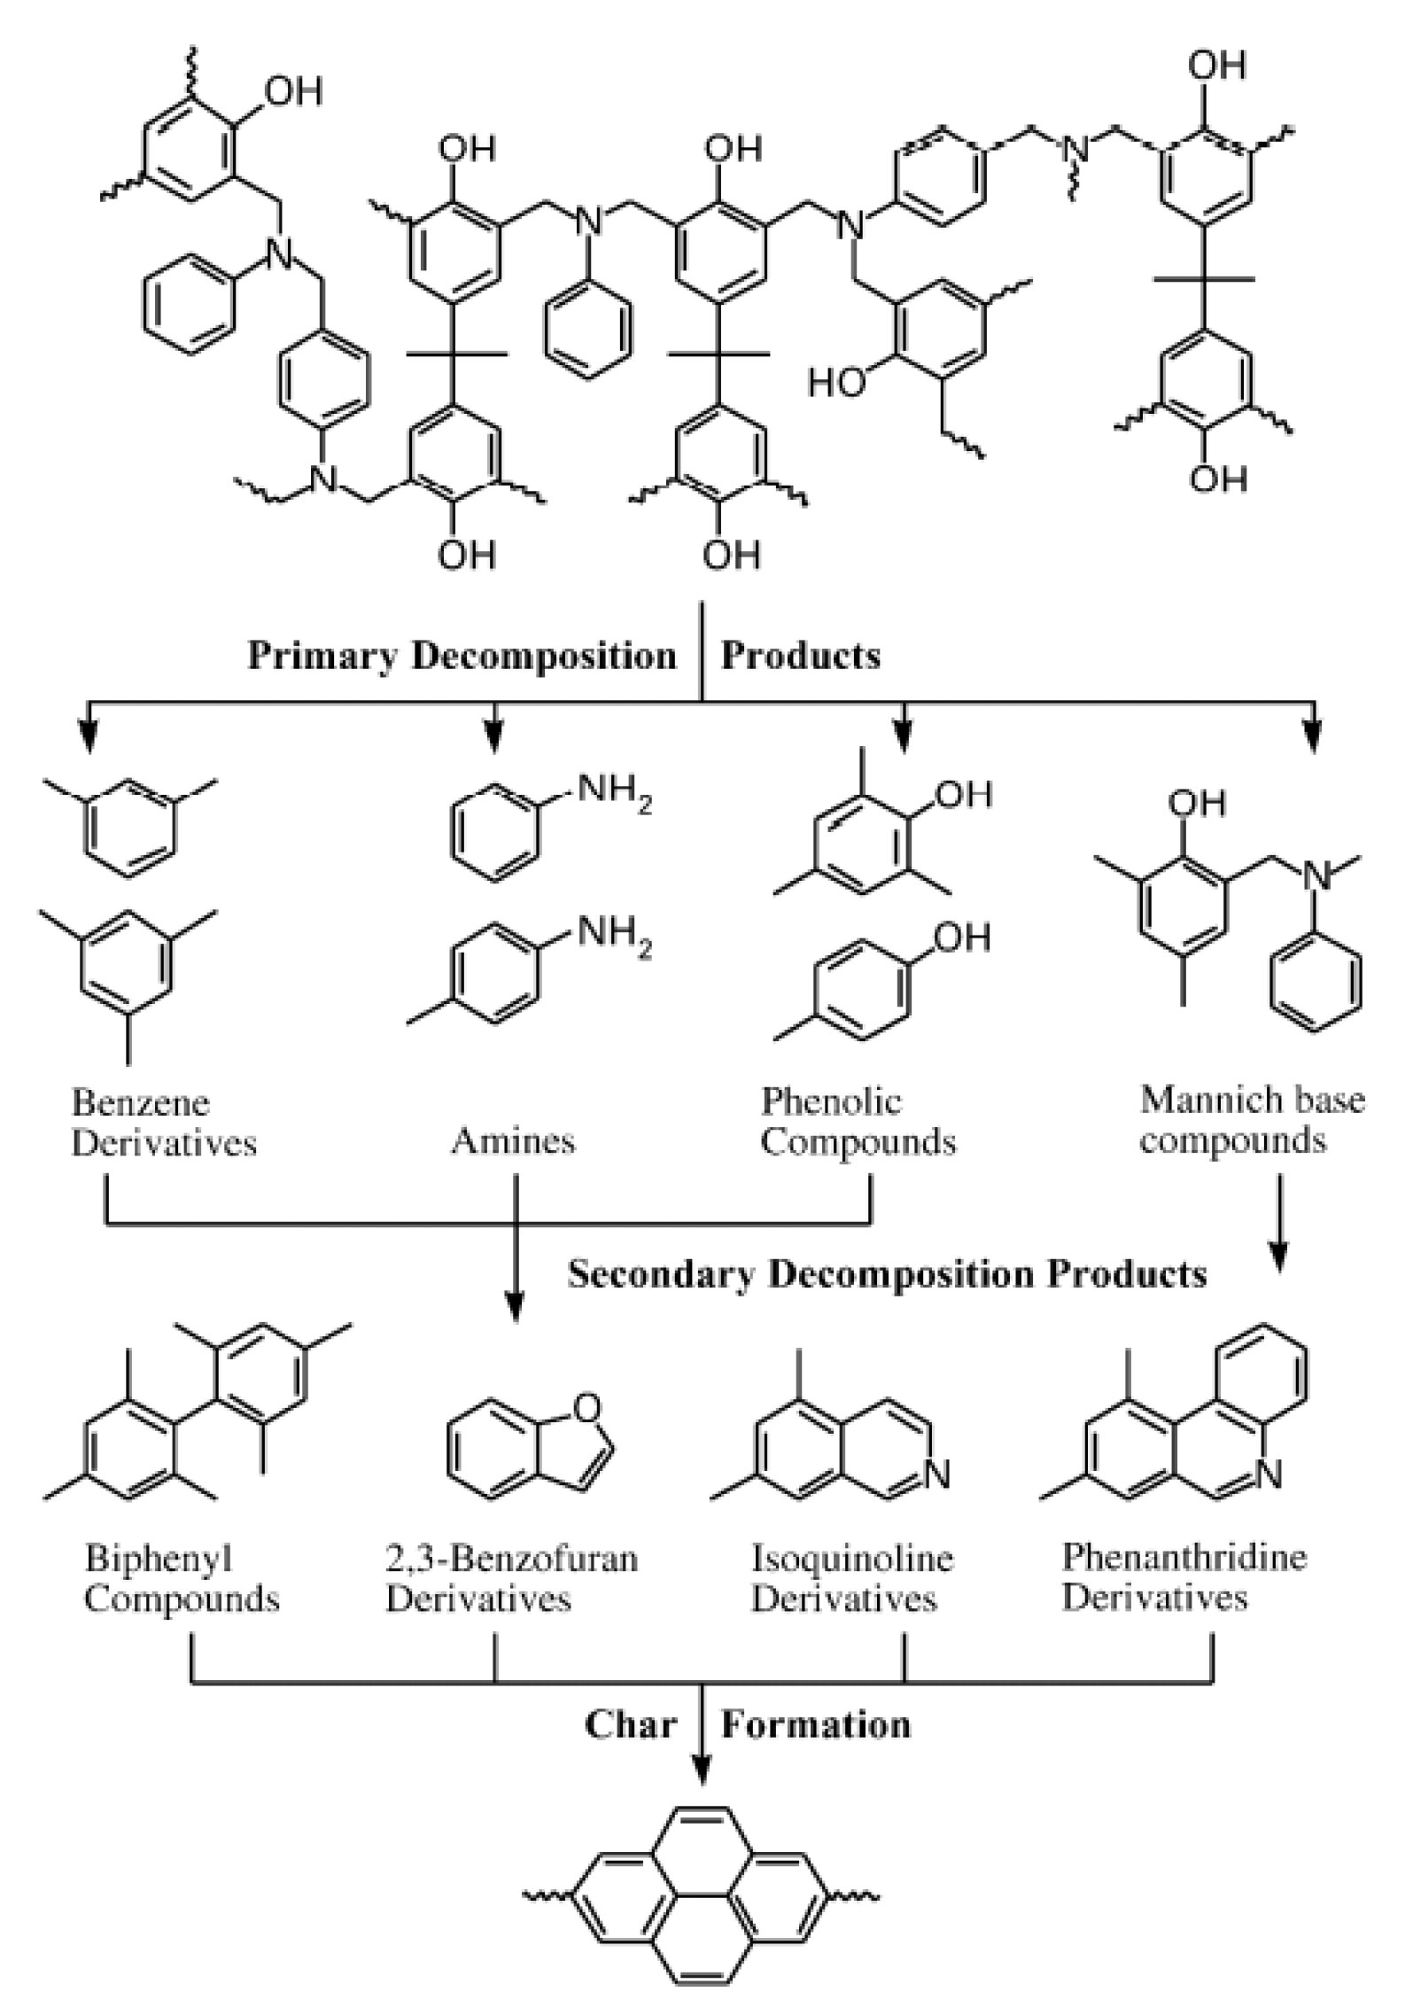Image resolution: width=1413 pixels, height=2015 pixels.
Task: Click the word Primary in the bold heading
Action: (322, 657)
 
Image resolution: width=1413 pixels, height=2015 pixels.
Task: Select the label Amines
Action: (513, 1140)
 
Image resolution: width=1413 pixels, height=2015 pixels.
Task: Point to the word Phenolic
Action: (831, 1101)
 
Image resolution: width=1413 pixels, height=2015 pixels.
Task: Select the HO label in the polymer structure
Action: (835, 383)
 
